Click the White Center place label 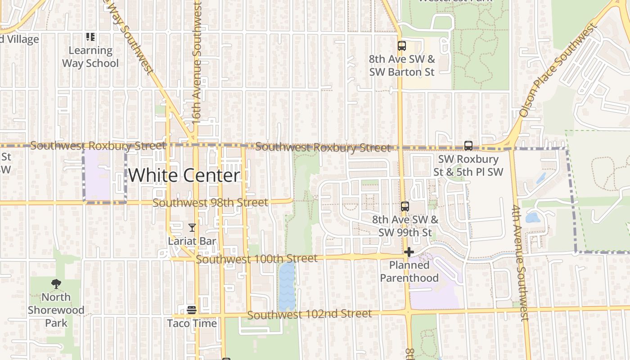[184, 175]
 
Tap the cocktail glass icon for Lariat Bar [192, 228]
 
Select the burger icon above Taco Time [192, 310]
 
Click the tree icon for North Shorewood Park [56, 284]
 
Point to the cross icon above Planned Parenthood [409, 252]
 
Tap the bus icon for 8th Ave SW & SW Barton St [401, 46]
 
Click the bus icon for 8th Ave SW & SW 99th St [405, 207]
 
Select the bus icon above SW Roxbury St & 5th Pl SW [468, 146]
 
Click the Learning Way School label [90, 57]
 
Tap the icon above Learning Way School [90, 37]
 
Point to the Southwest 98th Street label [211, 203]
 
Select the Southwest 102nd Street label [310, 314]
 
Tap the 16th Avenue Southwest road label [197, 63]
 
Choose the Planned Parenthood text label [409, 271]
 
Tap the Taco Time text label [192, 323]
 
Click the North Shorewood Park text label [56, 310]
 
